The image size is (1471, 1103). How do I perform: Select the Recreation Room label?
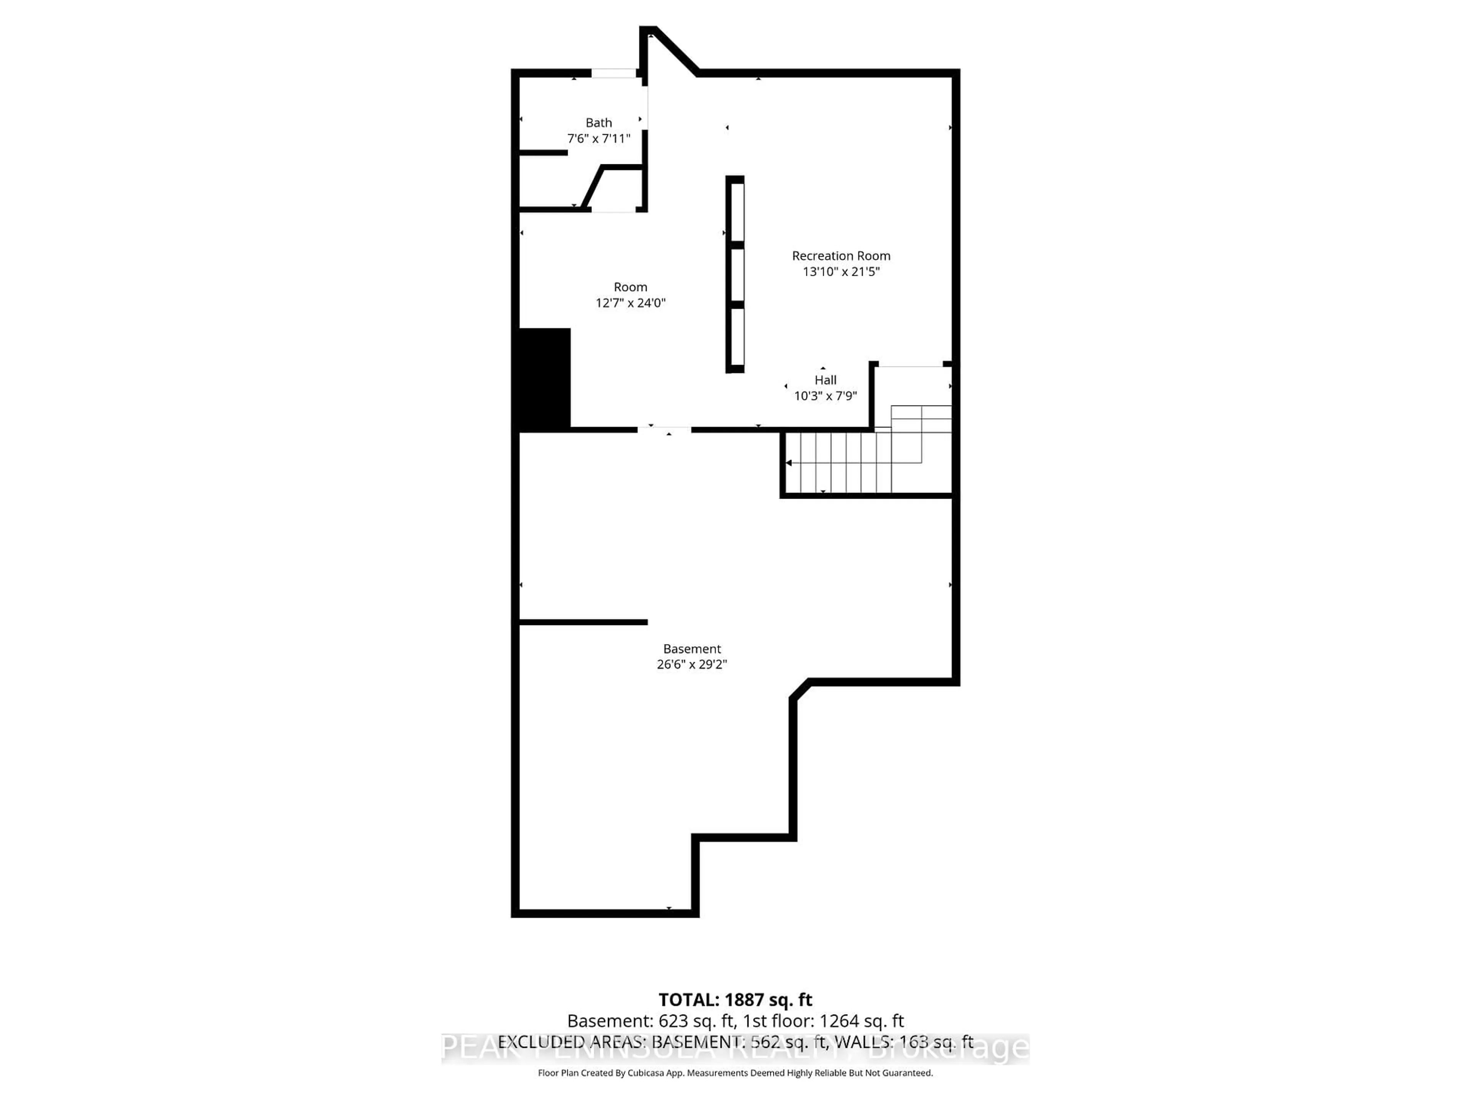coord(840,256)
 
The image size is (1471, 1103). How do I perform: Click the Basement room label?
coord(691,649)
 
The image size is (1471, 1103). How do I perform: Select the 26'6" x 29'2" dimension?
coord(691,664)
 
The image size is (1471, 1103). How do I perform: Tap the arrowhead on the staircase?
coord(789,463)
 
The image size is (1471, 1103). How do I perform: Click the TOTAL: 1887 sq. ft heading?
coord(735,1000)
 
